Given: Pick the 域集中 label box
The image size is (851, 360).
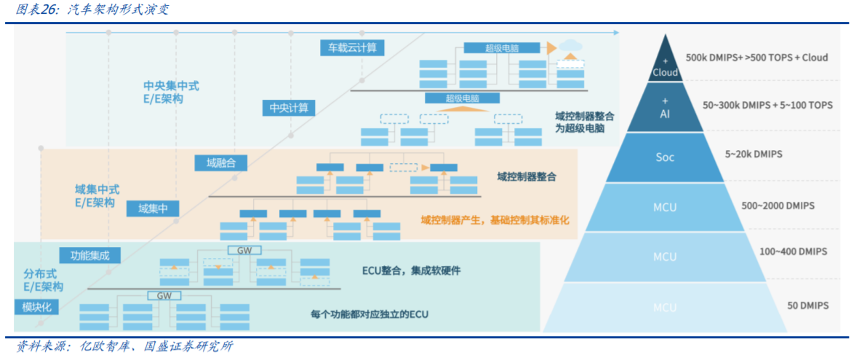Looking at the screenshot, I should pos(153,208).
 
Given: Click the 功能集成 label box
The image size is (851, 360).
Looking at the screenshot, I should pos(90,256).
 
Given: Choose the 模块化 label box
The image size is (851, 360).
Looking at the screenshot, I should pos(36,307).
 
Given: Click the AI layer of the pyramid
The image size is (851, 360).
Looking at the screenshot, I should pos(665,109).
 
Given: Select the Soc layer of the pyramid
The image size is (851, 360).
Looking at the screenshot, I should pos(665,157).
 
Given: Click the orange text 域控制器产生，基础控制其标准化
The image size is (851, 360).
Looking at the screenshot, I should pos(495,219).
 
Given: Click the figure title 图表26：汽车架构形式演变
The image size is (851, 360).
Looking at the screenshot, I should pos(90,9).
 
